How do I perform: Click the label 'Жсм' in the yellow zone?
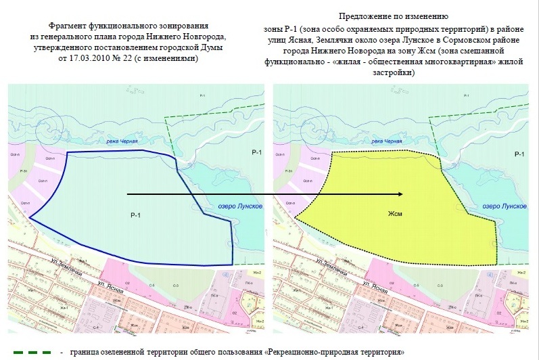coord(395,214)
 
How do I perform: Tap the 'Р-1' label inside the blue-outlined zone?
coord(135,215)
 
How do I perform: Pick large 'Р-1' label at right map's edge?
coord(520,154)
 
